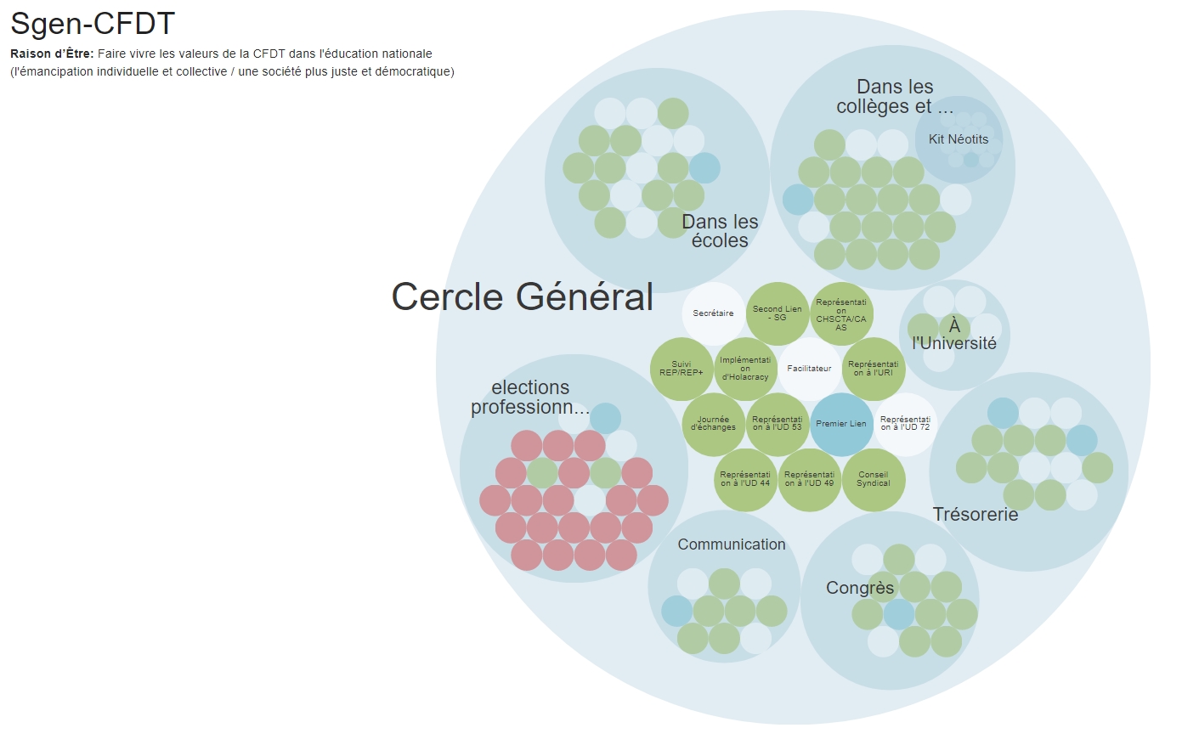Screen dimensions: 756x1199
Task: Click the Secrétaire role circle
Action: [713, 313]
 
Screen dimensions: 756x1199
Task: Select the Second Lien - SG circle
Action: [777, 313]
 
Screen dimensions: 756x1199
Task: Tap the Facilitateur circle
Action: [809, 369]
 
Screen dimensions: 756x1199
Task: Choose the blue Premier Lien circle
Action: [841, 424]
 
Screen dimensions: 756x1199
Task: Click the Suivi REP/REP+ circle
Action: [681, 369]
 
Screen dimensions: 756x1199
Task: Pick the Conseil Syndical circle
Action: [874, 480]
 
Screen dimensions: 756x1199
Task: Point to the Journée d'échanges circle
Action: [713, 424]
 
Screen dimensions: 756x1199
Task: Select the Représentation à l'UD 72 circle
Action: [906, 424]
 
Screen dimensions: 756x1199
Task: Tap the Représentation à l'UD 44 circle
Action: [745, 480]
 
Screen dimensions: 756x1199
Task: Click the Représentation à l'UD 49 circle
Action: [809, 480]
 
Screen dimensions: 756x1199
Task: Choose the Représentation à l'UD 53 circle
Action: [777, 424]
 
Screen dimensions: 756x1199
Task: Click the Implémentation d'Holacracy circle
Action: [745, 369]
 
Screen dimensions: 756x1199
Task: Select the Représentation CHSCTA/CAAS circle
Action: [841, 313]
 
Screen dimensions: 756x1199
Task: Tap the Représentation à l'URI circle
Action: [874, 369]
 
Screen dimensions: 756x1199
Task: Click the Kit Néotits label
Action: [959, 139]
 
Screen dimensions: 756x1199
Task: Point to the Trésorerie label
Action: [976, 515]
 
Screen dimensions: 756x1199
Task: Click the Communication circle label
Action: [732, 544]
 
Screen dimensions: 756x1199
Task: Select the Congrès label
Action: [860, 588]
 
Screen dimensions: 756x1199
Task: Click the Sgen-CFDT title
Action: [93, 24]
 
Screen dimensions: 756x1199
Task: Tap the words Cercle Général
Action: [522, 297]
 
